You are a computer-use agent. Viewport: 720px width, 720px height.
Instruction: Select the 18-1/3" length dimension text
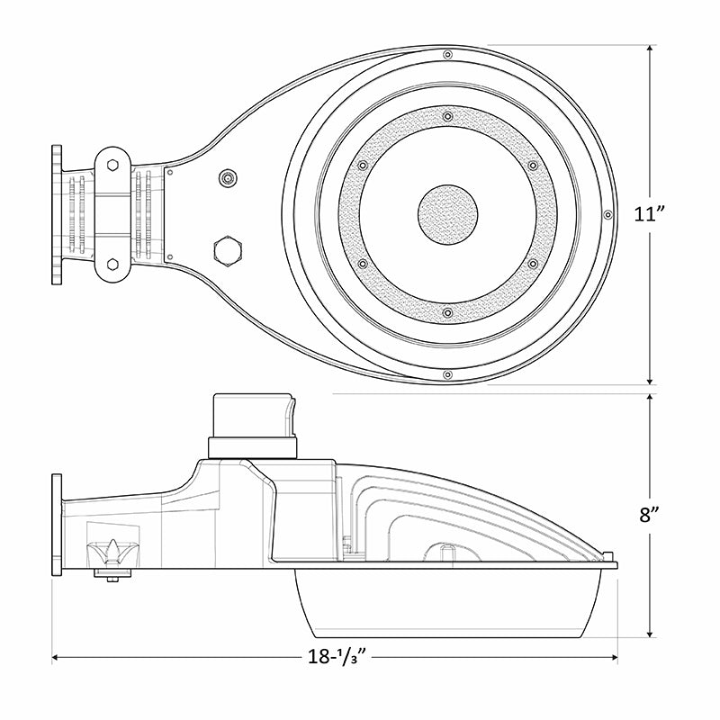click(x=334, y=657)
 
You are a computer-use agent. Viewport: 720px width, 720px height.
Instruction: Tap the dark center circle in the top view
click(x=447, y=214)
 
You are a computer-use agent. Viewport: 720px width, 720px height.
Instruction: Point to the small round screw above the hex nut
click(x=228, y=177)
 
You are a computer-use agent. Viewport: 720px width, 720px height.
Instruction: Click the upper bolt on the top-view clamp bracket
click(x=112, y=165)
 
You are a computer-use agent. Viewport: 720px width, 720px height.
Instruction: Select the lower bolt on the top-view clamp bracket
click(x=112, y=264)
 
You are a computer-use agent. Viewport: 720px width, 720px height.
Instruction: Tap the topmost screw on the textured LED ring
click(x=447, y=115)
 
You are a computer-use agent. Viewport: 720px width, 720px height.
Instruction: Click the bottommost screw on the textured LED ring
click(x=447, y=312)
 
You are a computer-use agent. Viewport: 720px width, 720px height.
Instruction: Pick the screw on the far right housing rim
click(x=608, y=214)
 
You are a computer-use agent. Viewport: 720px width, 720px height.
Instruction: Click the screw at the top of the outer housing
click(x=447, y=56)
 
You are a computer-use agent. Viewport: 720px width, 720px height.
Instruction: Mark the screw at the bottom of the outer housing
click(x=447, y=372)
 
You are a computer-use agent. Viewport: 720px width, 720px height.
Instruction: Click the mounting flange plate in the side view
click(x=58, y=525)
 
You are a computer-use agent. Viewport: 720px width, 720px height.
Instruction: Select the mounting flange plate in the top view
click(x=58, y=214)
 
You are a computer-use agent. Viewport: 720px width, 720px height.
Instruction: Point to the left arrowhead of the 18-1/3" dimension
click(x=57, y=658)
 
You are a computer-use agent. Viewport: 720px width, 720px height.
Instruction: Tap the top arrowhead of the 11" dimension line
click(x=651, y=49)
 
